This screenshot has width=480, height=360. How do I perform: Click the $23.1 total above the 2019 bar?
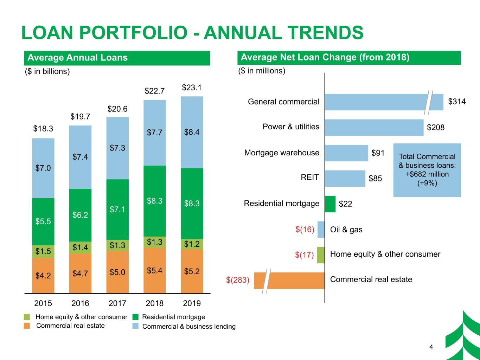pos(192,88)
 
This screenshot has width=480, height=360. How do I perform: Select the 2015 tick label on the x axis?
pos(43,303)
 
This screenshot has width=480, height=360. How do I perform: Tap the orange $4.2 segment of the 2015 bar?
pos(43,275)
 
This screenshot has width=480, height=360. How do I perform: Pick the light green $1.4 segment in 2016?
pos(80,247)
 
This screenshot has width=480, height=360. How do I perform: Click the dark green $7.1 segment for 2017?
pos(117,210)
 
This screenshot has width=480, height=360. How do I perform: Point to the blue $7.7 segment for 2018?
pos(155,133)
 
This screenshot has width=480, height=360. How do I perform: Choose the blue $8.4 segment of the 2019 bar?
pos(192,132)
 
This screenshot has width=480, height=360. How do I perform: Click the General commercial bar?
pos(384,102)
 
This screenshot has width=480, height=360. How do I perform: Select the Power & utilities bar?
pos(374,127)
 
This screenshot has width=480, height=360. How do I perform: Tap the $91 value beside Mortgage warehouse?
pos(378,153)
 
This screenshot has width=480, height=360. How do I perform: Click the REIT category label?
pos(310,177)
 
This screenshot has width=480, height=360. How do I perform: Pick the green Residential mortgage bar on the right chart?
pos(330,204)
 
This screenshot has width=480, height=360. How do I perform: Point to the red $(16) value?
pos(305,229)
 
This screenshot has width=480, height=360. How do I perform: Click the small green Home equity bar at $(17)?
pos(321,255)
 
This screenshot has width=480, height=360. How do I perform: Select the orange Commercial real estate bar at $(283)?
pos(289,281)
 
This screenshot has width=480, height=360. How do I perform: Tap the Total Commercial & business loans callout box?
pos(427,170)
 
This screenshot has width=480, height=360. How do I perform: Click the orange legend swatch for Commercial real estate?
pos(27,326)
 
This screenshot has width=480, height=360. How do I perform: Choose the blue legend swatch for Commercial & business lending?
pos(136,326)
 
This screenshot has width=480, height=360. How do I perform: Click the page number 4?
pos(431,347)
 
